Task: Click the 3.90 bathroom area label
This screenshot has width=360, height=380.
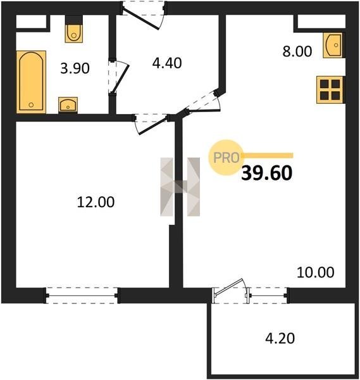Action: click(75, 68)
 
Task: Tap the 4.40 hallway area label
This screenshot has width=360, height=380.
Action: click(167, 63)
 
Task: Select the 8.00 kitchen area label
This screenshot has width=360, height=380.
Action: click(297, 51)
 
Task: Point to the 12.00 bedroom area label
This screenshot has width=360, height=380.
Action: click(96, 202)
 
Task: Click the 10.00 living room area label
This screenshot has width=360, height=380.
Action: click(316, 272)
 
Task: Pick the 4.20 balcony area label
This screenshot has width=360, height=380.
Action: click(280, 338)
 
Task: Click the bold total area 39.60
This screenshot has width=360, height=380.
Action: click(267, 173)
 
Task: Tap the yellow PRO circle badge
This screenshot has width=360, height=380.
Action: click(226, 158)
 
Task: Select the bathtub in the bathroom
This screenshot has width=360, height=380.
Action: click(31, 82)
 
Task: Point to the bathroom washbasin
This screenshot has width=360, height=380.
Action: click(68, 104)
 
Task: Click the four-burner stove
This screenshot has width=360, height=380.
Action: click(330, 90)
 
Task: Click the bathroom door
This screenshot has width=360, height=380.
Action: click(118, 77)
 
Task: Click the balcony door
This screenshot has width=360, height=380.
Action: click(230, 290)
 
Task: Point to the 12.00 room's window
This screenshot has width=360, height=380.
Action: click(82, 295)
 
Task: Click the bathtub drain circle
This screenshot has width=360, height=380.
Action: click(31, 104)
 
